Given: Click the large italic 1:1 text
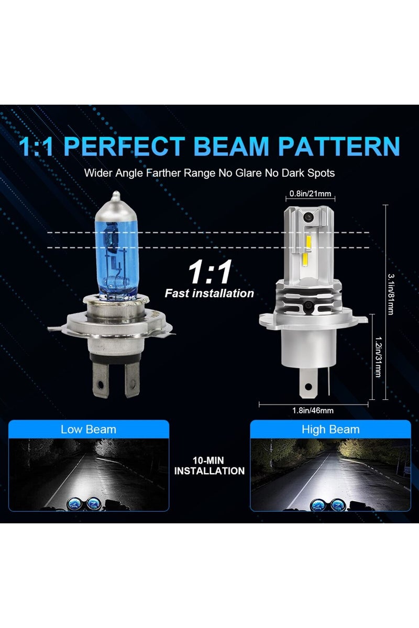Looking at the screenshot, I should pos(210,273).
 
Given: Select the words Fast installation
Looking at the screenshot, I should pos(210,293).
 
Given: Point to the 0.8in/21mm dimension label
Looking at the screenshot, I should pos(311,194).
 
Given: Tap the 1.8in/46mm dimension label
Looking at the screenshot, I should pos(312,410).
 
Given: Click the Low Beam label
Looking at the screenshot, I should pos(89,430).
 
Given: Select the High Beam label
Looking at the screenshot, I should pos(330,430).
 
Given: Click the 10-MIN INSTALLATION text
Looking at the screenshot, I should pos(210,466).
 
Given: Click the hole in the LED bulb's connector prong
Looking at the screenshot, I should pos(308,388).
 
